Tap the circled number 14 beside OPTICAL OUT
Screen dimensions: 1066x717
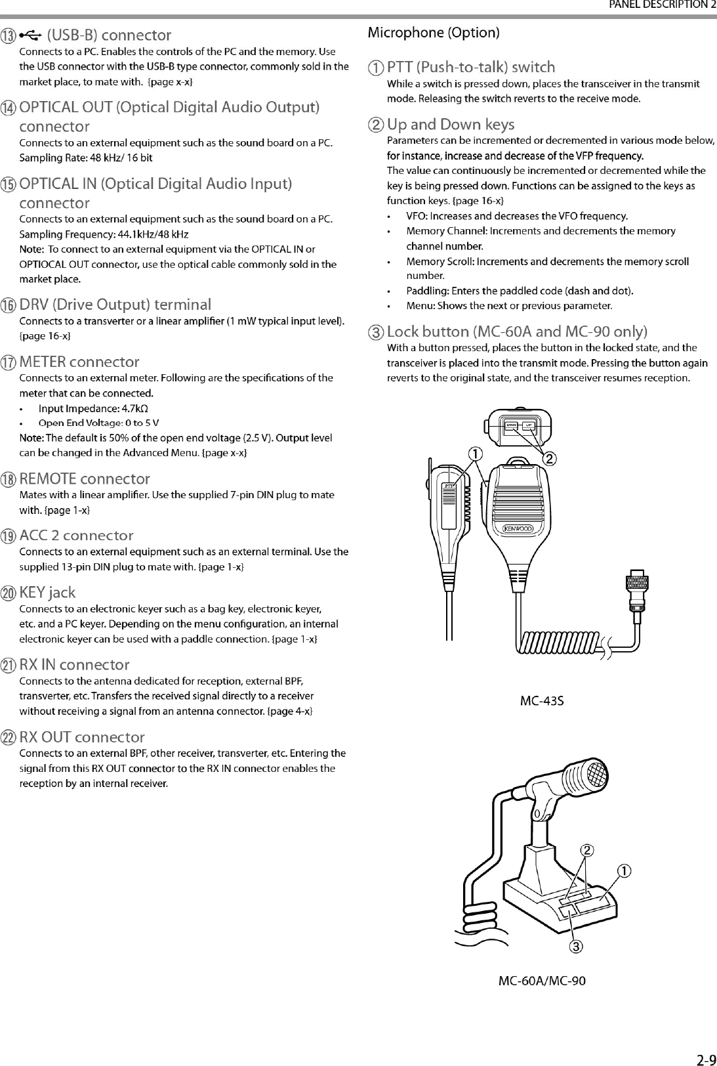[9, 108]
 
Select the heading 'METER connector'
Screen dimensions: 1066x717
[79, 362]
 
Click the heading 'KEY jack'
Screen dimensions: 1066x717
[47, 593]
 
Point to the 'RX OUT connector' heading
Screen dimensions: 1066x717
[82, 737]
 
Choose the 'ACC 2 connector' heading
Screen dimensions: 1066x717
[76, 536]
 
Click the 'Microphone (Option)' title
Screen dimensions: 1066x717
[434, 32]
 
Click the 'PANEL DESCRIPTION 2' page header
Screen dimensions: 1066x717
[662, 5]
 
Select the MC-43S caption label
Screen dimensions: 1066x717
[542, 700]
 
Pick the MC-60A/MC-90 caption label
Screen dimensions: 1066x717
[542, 981]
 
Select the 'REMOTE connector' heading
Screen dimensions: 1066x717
[85, 479]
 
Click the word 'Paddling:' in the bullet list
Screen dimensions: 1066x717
[428, 291]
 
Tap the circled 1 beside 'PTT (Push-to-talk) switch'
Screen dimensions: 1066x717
[377, 68]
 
